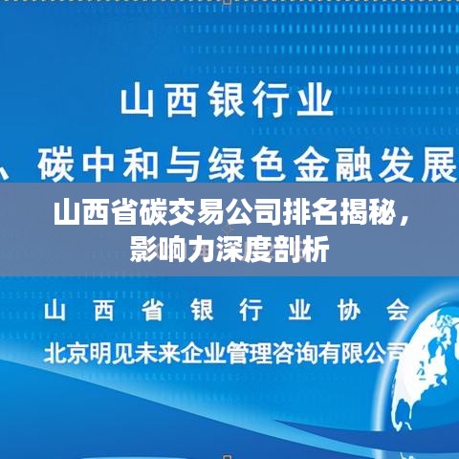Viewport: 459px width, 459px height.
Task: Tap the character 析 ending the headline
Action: (x=315, y=249)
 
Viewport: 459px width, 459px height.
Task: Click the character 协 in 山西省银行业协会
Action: (x=349, y=310)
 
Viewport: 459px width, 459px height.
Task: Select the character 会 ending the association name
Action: (x=398, y=310)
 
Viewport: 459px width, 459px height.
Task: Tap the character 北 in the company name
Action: (x=55, y=353)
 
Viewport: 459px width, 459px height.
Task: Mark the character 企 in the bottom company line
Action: (x=192, y=353)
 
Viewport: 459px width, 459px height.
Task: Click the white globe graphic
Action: (x=427, y=366)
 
